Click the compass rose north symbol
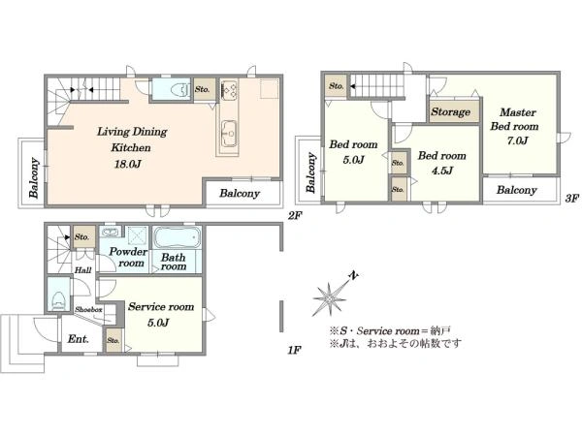pos(331,296)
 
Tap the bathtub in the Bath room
pos(177,237)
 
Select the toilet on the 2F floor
pos(179,89)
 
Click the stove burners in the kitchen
pos(229,90)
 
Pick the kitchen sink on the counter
pos(228,134)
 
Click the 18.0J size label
pos(127,164)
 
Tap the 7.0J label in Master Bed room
pos(517,140)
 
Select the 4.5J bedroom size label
pos(441,171)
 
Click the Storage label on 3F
pos(451,111)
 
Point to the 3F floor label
pos(571,199)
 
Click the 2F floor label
pos(295,215)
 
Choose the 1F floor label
pos(294,350)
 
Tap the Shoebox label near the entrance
pos(88,309)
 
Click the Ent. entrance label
pos(78,339)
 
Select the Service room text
pos(161,306)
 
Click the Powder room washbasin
pos(111,233)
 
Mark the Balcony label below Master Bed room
pos(517,190)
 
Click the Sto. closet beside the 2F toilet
pos(205,89)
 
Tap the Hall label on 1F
pos(82,270)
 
